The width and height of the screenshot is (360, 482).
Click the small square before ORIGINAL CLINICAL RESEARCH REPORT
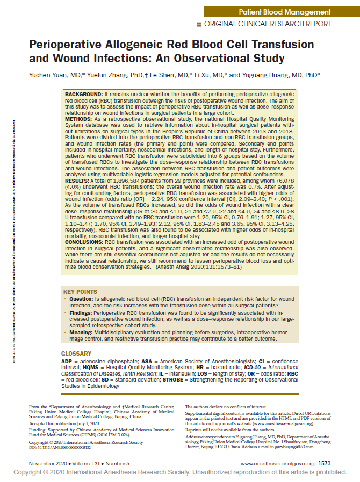(199, 24)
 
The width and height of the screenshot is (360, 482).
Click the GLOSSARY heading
(76, 353)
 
